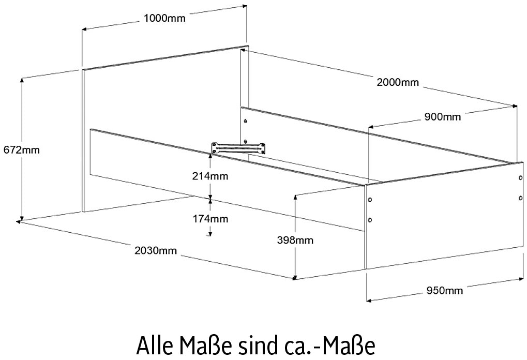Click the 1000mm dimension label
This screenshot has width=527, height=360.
pyautogui.click(x=164, y=18)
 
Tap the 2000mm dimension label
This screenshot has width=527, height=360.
pyautogui.click(x=398, y=82)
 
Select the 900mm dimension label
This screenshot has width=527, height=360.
pyautogui.click(x=442, y=117)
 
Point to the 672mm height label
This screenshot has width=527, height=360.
pyautogui.click(x=22, y=149)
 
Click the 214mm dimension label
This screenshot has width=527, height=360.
pyautogui.click(x=210, y=176)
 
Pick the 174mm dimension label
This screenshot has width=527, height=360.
pyautogui.click(x=210, y=219)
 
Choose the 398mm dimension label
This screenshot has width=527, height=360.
pyautogui.click(x=295, y=240)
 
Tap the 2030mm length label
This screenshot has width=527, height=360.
pyautogui.click(x=156, y=250)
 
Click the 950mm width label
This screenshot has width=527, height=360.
pyautogui.click(x=445, y=290)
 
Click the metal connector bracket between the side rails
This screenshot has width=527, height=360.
pyautogui.click(x=238, y=148)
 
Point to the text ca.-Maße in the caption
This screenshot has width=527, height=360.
pyautogui.click(x=327, y=345)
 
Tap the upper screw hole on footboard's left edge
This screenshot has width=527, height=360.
pyautogui.click(x=370, y=200)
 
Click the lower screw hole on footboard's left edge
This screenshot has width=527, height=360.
pyautogui.click(x=370, y=220)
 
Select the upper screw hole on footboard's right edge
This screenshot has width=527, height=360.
pyautogui.click(x=521, y=177)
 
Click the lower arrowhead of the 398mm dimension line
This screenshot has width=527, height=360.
pyautogui.click(x=295, y=277)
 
